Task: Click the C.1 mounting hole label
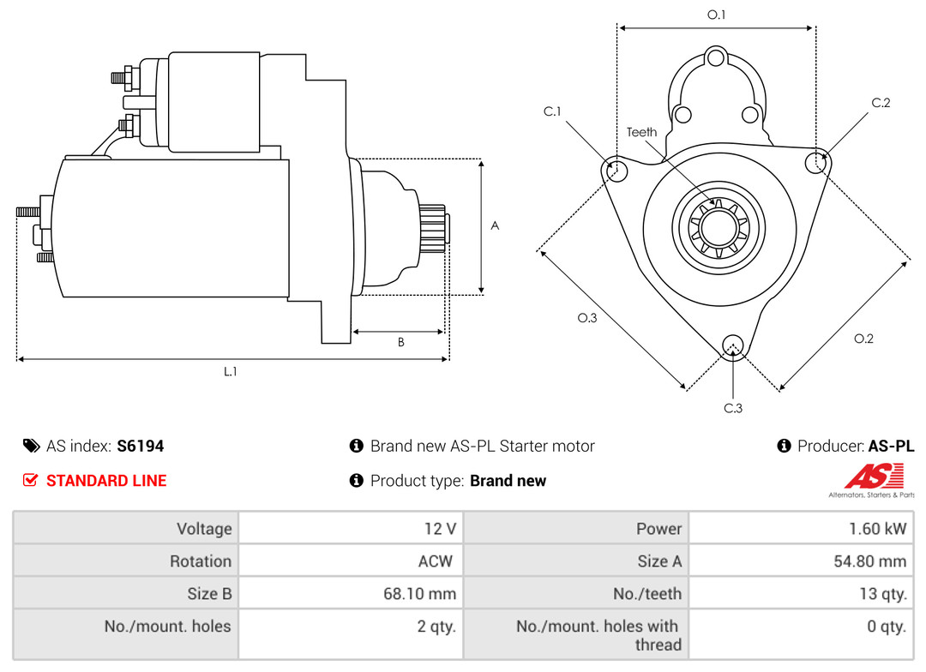click(551, 111)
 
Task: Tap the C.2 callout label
click(881, 103)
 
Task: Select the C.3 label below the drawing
click(733, 408)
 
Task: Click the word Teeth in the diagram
click(641, 132)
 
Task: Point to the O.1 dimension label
click(716, 15)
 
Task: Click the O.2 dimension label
click(863, 339)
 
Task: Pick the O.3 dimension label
click(586, 318)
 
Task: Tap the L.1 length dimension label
click(231, 371)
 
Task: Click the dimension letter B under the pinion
click(400, 342)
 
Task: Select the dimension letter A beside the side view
click(495, 225)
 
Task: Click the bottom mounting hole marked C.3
click(732, 345)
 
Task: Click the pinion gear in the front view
click(718, 228)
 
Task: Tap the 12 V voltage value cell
click(440, 528)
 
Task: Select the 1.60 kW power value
click(877, 528)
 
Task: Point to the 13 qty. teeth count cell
click(881, 593)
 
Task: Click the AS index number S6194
click(140, 446)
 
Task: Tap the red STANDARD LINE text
click(106, 481)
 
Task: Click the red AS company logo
click(874, 477)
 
